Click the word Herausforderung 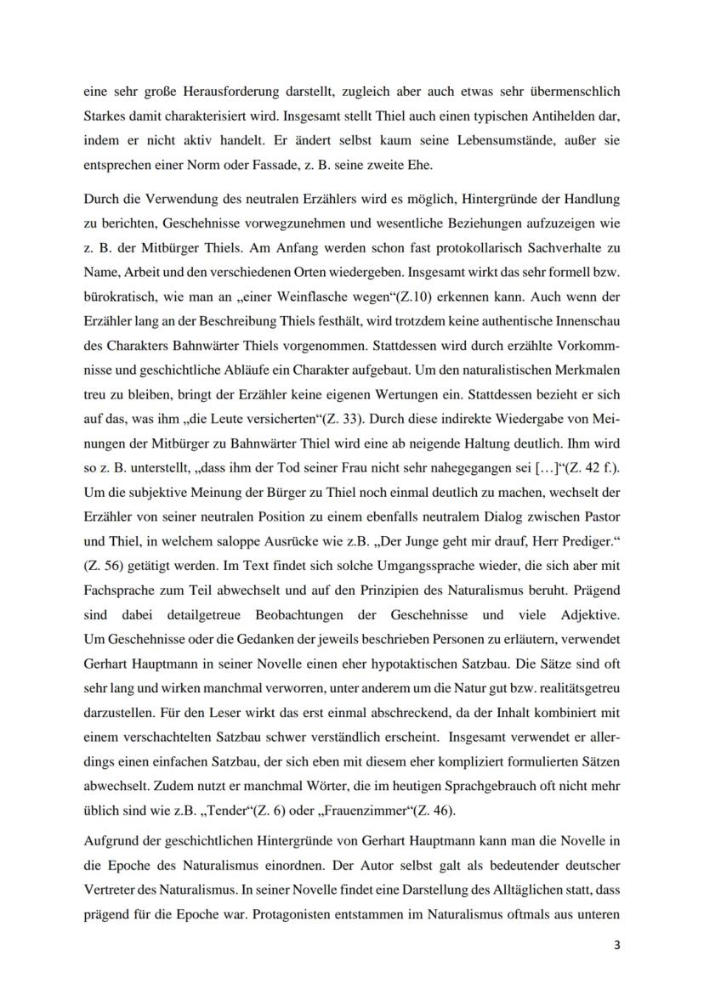(x=205, y=90)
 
